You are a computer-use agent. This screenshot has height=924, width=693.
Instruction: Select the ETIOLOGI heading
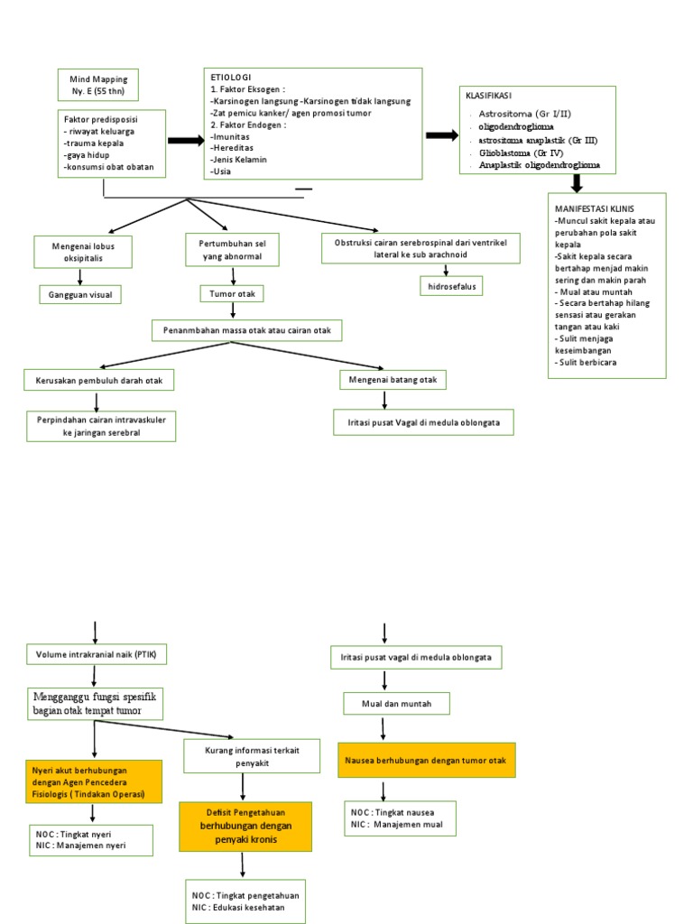[231, 78]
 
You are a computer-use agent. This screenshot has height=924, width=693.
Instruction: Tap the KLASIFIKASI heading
[489, 95]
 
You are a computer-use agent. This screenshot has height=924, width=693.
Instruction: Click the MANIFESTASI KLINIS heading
[595, 208]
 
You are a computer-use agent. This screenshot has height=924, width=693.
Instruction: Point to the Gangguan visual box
[79, 294]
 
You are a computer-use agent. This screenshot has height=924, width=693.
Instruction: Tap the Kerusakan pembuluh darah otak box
[98, 381]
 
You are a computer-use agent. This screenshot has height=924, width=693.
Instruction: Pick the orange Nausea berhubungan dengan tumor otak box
[425, 761]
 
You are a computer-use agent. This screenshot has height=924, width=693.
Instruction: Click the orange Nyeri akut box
[94, 781]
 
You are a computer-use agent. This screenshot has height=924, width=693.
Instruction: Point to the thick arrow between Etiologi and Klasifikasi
[442, 135]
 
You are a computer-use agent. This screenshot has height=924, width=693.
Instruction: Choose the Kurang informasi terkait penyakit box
[252, 756]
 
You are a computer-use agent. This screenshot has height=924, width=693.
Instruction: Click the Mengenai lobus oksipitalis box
[83, 252]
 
